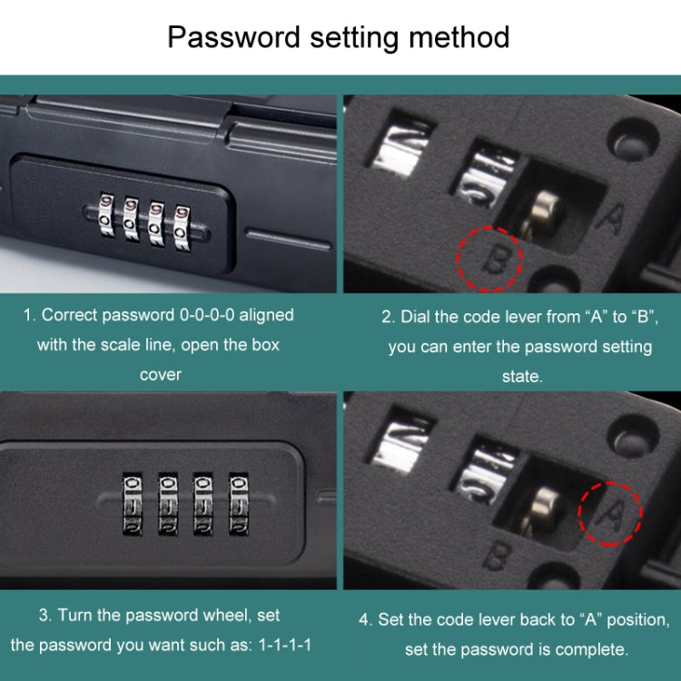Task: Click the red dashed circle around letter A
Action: point(609,513)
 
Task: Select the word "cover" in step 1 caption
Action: point(161,374)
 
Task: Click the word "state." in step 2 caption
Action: point(521,376)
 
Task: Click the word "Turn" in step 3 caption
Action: point(74,616)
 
